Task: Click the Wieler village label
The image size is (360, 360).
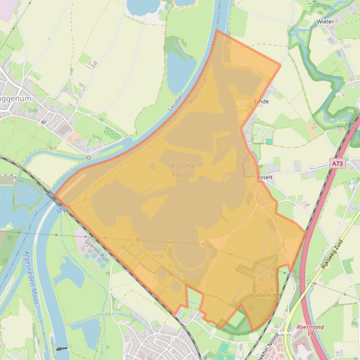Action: pos(325,22)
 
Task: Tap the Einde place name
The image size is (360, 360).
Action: pos(261,101)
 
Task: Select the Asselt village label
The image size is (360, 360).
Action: pos(265,178)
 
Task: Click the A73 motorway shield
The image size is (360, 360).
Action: pos(337,164)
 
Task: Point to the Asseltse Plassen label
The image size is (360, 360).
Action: pos(183,171)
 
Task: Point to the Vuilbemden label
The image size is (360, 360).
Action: pos(265,295)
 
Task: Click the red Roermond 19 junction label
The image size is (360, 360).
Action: pos(310,330)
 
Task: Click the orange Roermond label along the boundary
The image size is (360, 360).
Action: pos(198,91)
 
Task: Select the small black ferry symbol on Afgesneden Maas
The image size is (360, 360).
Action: pos(61,348)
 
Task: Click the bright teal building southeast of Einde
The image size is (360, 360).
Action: pos(269,141)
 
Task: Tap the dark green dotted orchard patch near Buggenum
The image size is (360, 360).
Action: pos(111,132)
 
